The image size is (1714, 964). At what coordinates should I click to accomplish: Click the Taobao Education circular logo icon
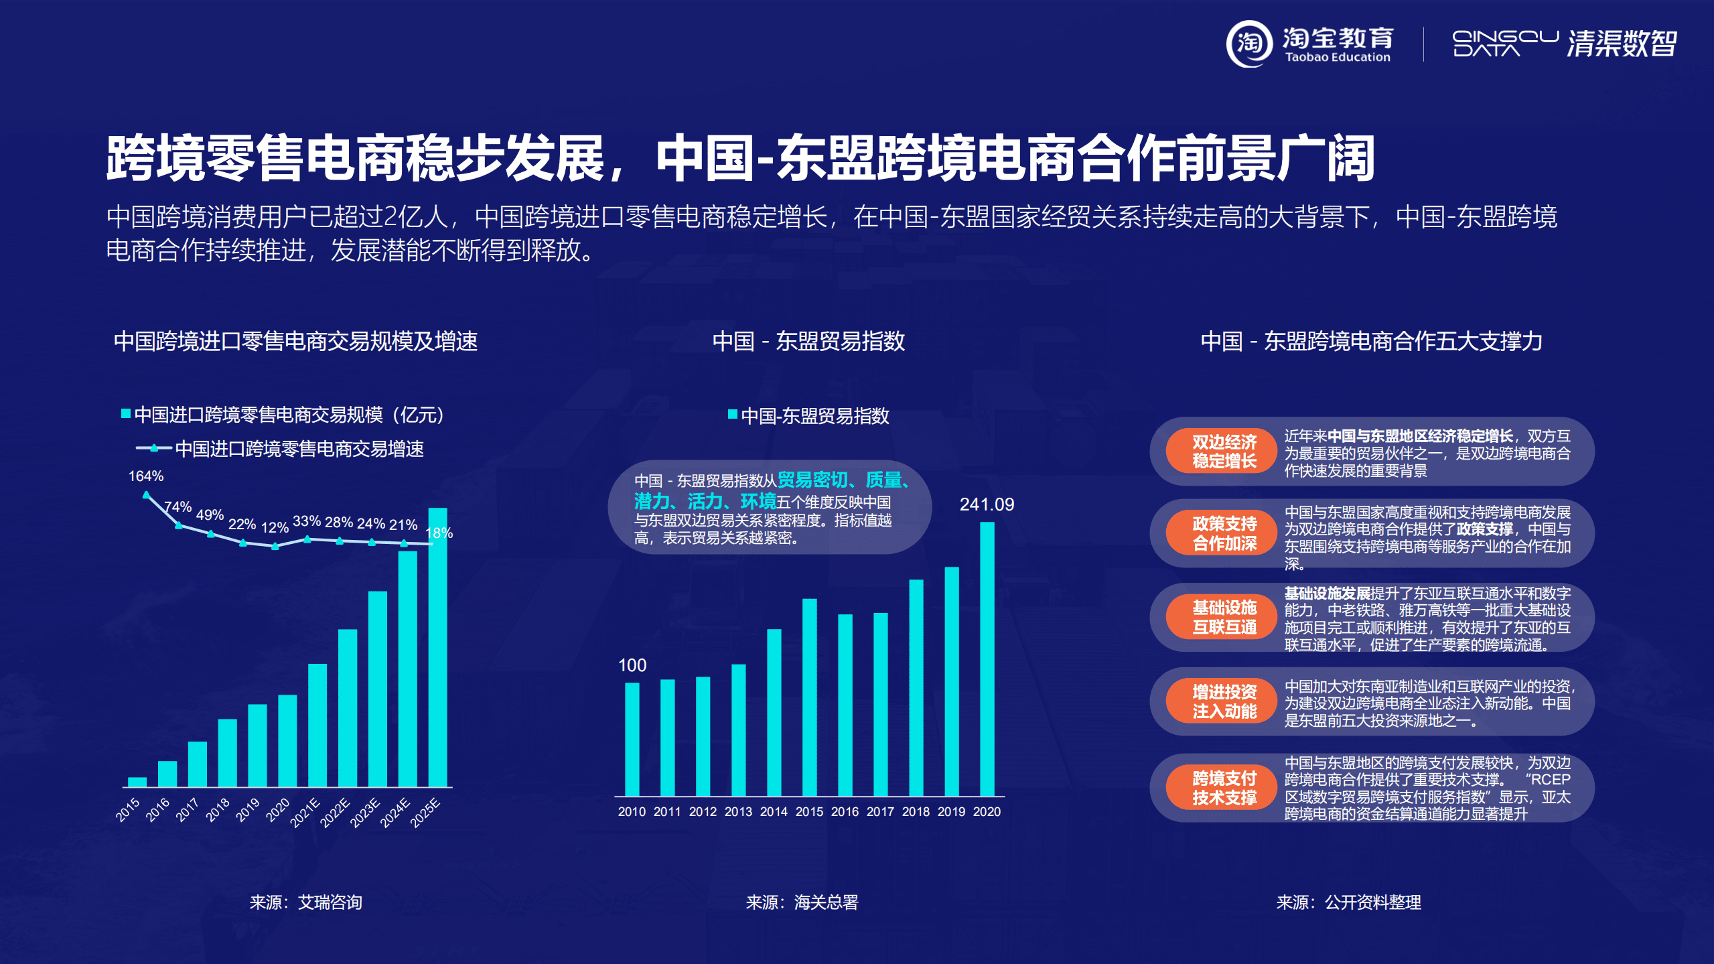(1249, 44)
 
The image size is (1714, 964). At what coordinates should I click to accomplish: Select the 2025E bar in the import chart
(437, 646)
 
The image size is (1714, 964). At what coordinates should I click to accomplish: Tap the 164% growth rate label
(145, 476)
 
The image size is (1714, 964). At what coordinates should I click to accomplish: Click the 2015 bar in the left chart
(137, 782)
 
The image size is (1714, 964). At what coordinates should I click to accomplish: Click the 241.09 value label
(986, 504)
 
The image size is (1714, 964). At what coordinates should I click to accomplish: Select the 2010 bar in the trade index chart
(632, 739)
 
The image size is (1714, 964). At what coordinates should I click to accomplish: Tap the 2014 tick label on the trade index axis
(774, 812)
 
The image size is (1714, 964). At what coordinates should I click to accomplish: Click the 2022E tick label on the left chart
(335, 813)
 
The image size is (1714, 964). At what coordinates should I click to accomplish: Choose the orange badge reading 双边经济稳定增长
(1224, 452)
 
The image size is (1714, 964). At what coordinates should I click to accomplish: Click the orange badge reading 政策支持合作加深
(1224, 533)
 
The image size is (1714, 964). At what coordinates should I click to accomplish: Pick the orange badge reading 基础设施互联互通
(1224, 617)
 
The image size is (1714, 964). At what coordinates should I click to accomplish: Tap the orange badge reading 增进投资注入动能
(1224, 701)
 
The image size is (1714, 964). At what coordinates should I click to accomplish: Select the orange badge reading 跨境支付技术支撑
(1224, 788)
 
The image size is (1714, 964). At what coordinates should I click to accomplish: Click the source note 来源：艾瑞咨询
(305, 902)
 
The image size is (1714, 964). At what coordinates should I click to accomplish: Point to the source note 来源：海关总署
(802, 902)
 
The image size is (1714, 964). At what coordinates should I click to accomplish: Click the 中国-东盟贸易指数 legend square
(733, 415)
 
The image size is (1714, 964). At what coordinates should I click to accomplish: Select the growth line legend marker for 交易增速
(154, 448)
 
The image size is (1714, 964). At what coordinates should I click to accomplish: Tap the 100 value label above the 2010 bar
(632, 665)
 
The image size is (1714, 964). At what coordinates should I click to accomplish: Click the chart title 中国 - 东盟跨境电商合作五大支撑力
(1371, 342)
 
